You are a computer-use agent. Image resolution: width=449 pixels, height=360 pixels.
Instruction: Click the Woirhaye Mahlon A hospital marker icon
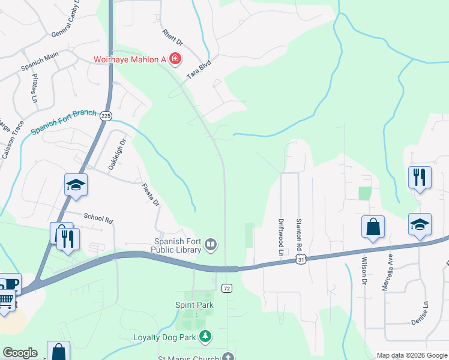tap(175, 59)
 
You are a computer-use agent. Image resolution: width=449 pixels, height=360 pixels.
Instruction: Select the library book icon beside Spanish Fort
tap(211, 244)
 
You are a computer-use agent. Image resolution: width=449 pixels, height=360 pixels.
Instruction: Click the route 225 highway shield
tap(106, 116)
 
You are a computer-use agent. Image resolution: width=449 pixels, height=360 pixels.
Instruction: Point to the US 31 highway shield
tap(301, 259)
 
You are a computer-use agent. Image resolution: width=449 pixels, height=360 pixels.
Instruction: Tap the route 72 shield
tap(226, 288)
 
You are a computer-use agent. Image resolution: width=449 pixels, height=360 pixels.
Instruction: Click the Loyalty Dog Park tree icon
tap(206, 337)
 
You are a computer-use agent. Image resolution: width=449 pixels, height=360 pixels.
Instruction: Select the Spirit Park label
tap(194, 305)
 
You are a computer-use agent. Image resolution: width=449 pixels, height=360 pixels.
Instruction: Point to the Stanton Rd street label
tap(298, 234)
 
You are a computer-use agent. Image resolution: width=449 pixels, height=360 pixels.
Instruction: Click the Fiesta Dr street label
tap(150, 195)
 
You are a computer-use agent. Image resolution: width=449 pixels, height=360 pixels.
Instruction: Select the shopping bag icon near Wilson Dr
tap(373, 227)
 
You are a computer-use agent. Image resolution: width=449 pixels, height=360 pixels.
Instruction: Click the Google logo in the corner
tap(20, 353)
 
